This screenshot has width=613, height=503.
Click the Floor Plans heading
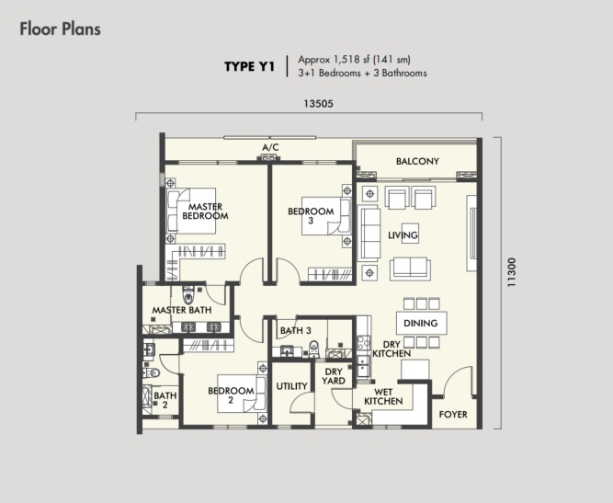tap(61, 29)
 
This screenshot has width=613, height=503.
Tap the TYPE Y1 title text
tap(249, 66)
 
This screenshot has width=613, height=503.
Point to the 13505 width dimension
tap(318, 104)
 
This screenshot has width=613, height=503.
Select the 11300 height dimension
tap(511, 272)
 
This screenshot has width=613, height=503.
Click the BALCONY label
tap(417, 161)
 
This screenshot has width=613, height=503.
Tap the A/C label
tap(270, 147)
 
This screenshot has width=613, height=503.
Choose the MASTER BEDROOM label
tap(205, 211)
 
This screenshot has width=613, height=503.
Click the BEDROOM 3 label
tap(311, 216)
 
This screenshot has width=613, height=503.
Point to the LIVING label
tap(403, 235)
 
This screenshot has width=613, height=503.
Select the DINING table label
tap(420, 323)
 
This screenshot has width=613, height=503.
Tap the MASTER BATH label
tap(182, 310)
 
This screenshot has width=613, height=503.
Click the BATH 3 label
tap(296, 331)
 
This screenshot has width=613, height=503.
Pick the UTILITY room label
tap(291, 386)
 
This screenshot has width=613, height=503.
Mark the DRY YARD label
tap(334, 376)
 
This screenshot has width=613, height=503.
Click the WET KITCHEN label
tap(383, 396)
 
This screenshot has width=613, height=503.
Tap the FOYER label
tap(453, 414)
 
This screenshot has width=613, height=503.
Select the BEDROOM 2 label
tap(231, 395)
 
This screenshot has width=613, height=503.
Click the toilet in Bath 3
tap(314, 349)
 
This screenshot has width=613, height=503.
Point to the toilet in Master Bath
tap(188, 295)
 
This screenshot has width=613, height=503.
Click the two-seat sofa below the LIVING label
tap(410, 269)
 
